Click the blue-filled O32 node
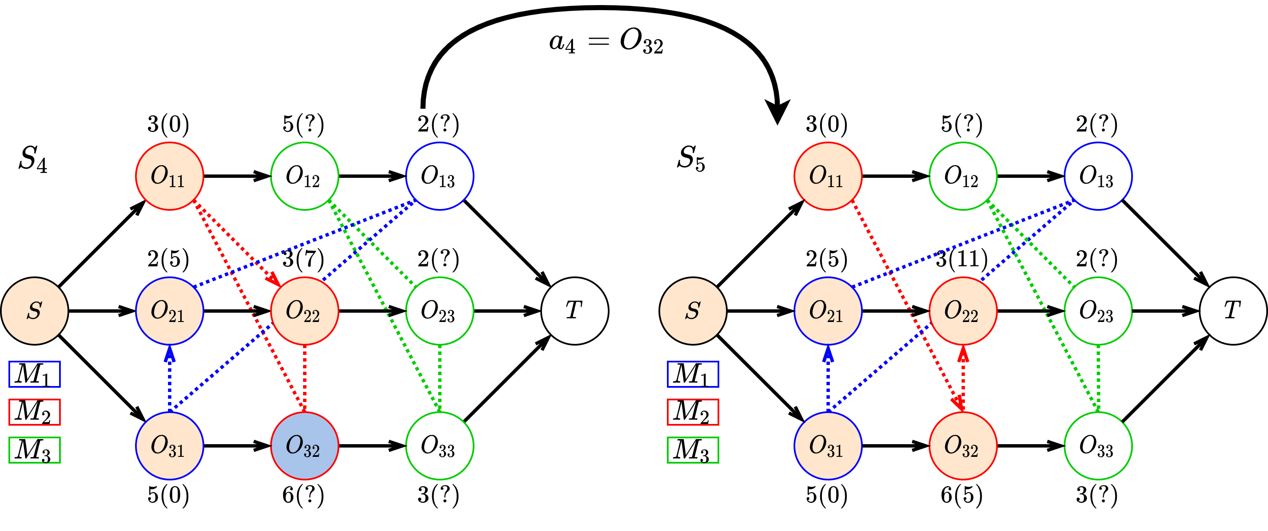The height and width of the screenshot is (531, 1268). coord(305,445)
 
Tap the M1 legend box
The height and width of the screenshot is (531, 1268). coord(35,374)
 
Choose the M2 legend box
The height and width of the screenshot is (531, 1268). coord(35,412)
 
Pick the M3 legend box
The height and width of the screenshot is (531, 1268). coord(35,450)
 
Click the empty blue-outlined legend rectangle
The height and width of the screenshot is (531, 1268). coord(693,374)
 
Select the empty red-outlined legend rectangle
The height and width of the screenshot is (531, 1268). coord(693,412)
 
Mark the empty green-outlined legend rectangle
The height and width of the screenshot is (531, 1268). coord(693,450)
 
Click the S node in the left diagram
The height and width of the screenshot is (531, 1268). coord(35,311)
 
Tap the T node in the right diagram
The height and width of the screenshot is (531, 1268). coord(1233,311)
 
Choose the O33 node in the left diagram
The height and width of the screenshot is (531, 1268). coord(439,445)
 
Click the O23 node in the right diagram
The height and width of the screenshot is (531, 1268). coord(1098,311)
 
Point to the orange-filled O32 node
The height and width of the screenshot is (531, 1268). coord(963,445)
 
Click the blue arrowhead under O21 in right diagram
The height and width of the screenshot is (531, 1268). coord(828,353)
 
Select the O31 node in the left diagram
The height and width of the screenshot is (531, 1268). coord(170,445)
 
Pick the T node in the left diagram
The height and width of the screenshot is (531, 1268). coord(574,311)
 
